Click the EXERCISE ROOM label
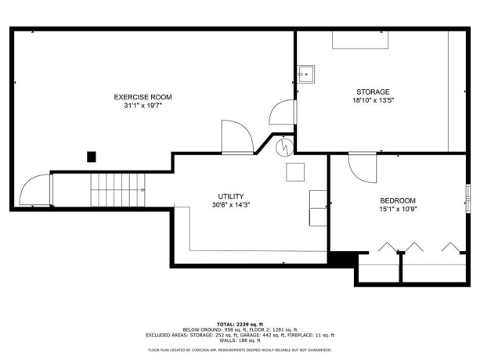[143, 97]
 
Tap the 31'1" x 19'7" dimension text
[143, 106]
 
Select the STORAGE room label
[373, 92]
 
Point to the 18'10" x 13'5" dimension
[373, 100]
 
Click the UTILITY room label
[231, 196]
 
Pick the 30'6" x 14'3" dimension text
[231, 205]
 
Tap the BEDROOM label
[397, 200]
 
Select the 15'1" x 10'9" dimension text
[397, 209]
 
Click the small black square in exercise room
[92, 157]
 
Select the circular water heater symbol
[286, 145]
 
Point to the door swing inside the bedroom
[362, 165]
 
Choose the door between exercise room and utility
[236, 138]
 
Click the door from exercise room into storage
[282, 113]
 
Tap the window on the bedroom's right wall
[467, 193]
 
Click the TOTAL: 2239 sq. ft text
[240, 323]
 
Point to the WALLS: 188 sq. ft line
[240, 340]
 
